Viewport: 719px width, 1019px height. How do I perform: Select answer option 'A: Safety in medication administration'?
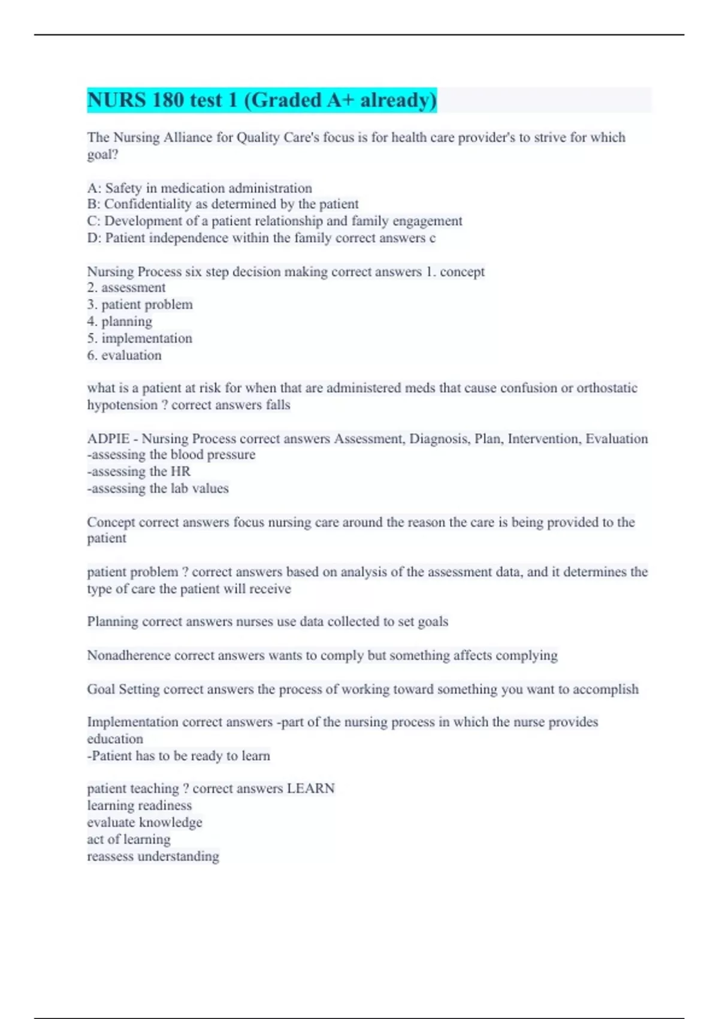200,188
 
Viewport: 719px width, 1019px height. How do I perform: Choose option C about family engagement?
274,221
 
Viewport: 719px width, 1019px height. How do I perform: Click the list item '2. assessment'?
126,288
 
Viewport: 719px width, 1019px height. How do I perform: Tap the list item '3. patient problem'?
140,305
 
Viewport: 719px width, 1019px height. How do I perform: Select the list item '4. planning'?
120,321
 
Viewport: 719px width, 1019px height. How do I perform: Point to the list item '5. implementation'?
140,338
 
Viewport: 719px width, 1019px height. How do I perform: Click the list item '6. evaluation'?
124,355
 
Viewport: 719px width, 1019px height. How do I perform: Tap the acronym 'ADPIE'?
108,439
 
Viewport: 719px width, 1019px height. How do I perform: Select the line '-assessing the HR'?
139,472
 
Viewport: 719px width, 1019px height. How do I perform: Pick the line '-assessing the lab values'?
158,489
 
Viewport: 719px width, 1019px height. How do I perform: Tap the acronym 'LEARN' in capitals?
310,789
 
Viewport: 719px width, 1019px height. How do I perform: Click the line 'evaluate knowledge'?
144,822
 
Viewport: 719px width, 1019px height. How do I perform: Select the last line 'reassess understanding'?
153,857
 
